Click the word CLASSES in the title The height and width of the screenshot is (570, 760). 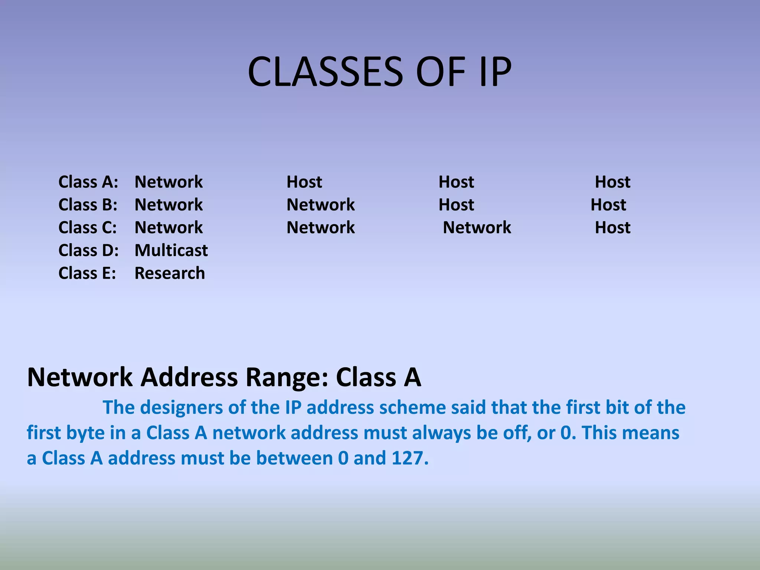pyautogui.click(x=325, y=71)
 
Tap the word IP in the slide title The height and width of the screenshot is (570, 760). pyautogui.click(x=495, y=71)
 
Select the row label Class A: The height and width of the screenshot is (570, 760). pyautogui.click(x=88, y=182)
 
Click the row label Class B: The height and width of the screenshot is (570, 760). pyautogui.click(x=88, y=204)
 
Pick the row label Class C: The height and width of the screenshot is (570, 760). pyautogui.click(x=88, y=227)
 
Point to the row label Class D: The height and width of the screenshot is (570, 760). pyautogui.click(x=88, y=250)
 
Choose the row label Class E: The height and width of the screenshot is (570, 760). pyautogui.click(x=87, y=273)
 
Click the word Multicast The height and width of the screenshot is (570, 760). pyautogui.click(x=171, y=250)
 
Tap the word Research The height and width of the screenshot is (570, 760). pyautogui.click(x=170, y=273)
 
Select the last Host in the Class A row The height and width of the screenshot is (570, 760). pyautogui.click(x=612, y=182)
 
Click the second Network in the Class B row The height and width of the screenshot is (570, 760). pyautogui.click(x=321, y=204)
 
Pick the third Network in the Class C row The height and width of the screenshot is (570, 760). pyautogui.click(x=477, y=227)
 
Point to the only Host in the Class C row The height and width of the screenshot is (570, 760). pyautogui.click(x=612, y=227)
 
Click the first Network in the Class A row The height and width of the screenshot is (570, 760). pyautogui.click(x=168, y=182)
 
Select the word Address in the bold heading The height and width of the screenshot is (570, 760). pyautogui.click(x=189, y=377)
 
